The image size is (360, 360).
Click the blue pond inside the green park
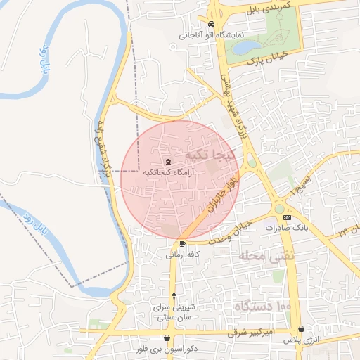245,47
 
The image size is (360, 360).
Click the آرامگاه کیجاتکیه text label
167,172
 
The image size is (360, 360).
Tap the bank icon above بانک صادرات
287,218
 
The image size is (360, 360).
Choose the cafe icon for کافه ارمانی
183,244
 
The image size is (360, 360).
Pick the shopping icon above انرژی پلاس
302,328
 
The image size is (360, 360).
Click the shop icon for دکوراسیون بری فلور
167,338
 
